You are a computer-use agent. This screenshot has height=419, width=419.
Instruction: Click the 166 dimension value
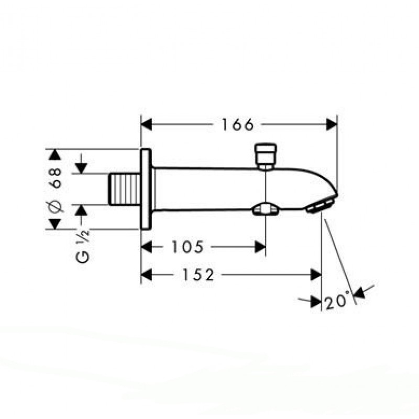(x=238, y=125)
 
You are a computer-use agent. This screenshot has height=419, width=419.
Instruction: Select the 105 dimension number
(x=188, y=247)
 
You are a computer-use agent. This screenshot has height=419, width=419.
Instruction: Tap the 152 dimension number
(x=198, y=274)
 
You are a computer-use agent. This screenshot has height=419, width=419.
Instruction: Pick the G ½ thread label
(x=83, y=247)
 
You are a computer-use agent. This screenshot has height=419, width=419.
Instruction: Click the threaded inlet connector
(x=124, y=189)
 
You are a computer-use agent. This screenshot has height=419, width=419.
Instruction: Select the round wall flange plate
(x=146, y=189)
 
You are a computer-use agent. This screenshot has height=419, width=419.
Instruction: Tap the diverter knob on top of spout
(x=266, y=157)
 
